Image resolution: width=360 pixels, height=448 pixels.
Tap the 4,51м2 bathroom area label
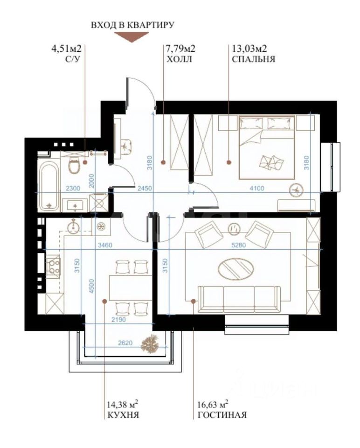click(x=66, y=49)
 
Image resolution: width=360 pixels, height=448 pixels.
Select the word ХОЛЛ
click(x=179, y=59)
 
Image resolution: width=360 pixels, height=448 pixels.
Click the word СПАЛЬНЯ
click(x=254, y=59)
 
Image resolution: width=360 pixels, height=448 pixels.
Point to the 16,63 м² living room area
click(x=213, y=405)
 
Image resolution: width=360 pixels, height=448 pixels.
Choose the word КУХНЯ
click(x=123, y=415)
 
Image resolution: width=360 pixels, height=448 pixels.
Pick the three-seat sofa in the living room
click(x=239, y=299)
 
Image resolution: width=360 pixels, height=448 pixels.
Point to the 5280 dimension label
click(x=239, y=245)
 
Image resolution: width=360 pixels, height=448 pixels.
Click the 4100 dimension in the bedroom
click(x=257, y=188)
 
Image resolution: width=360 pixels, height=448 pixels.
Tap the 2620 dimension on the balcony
click(x=125, y=343)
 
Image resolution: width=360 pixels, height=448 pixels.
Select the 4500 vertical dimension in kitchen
click(x=91, y=287)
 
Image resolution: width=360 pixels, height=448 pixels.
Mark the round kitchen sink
click(x=74, y=226)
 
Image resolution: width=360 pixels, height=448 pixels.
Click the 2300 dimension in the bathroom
click(x=73, y=188)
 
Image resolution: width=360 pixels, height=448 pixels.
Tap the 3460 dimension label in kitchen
click(x=105, y=245)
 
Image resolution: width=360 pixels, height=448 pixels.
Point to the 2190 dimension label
click(x=118, y=320)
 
